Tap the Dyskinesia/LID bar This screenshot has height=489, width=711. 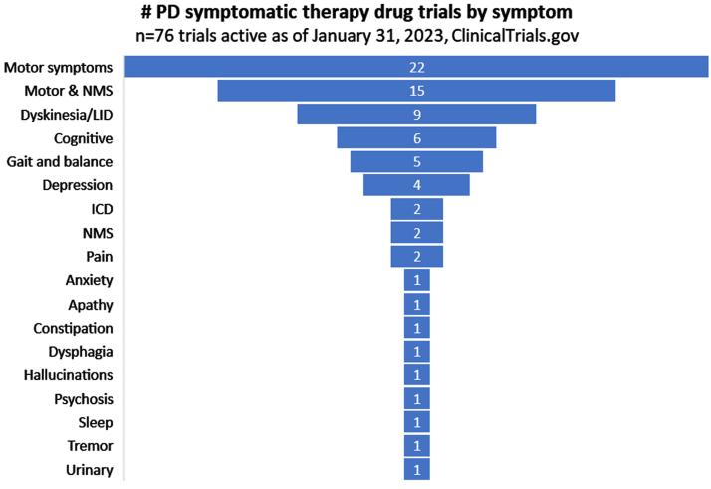pyautogui.click(x=358, y=115)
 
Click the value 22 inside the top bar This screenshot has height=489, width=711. pyautogui.click(x=416, y=68)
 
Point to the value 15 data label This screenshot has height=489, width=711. pyautogui.click(x=416, y=91)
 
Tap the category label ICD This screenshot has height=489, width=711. pyautogui.click(x=102, y=209)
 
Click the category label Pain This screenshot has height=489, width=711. pyautogui.click(x=100, y=256)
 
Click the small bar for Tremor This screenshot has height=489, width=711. pyautogui.click(x=416, y=446)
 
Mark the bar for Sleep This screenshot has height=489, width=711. pyautogui.click(x=416, y=422)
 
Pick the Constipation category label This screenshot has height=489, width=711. pyautogui.click(x=73, y=328)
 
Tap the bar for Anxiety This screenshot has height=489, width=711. pyautogui.click(x=416, y=280)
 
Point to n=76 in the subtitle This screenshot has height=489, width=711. pyautogui.click(x=156, y=36)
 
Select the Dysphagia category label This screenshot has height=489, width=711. pyautogui.click(x=81, y=352)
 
